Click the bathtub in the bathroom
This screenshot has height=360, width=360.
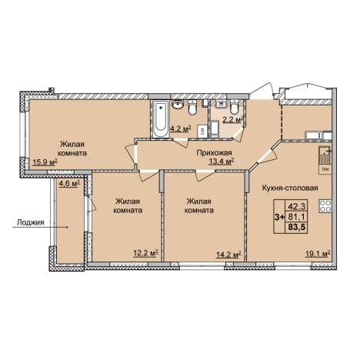161,119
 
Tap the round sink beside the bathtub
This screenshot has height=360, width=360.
178,105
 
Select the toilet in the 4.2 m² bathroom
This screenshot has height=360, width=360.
192,108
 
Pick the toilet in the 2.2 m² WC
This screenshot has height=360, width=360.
234,108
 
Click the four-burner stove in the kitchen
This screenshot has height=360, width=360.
325,206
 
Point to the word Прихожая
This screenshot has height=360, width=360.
214,153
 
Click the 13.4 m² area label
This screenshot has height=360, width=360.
221,162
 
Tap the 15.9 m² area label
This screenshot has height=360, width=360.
45,162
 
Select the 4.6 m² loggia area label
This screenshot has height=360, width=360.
69,184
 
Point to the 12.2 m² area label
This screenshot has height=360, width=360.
145,254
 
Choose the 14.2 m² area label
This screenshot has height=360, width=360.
228,254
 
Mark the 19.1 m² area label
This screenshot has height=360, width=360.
318,254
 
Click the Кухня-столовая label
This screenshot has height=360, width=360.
290,188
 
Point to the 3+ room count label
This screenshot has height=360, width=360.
279,217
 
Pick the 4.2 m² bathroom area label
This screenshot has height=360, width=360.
182,129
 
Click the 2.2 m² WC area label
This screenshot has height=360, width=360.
232,120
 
